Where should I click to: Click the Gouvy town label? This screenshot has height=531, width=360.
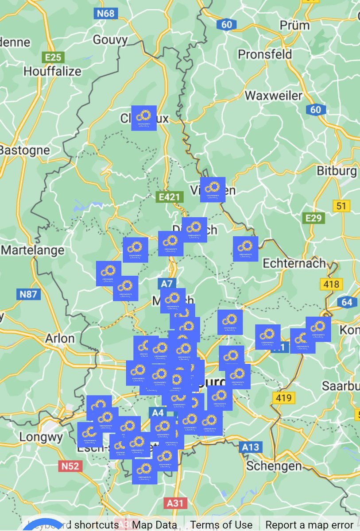point(110,40)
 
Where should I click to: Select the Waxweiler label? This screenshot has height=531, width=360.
point(274,96)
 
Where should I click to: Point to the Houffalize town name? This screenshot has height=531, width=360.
point(52,71)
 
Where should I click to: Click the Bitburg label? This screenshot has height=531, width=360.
point(337,171)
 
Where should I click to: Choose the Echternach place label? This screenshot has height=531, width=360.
point(294,263)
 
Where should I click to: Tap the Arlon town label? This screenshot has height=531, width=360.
point(60,339)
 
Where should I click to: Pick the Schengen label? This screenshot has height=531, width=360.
point(274,466)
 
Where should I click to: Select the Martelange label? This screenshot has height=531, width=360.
point(33,250)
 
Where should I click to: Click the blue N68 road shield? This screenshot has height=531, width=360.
point(106,13)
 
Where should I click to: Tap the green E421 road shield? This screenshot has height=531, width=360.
point(170,197)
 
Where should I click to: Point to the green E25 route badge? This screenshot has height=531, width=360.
point(53,57)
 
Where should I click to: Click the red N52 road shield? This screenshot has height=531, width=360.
point(70,466)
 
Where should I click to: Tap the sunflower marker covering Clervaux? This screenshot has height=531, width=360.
point(144,118)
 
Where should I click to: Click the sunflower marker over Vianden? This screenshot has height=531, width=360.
point(213,190)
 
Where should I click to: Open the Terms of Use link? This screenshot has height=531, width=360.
point(221,525)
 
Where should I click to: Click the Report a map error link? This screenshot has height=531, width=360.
point(310,525)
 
